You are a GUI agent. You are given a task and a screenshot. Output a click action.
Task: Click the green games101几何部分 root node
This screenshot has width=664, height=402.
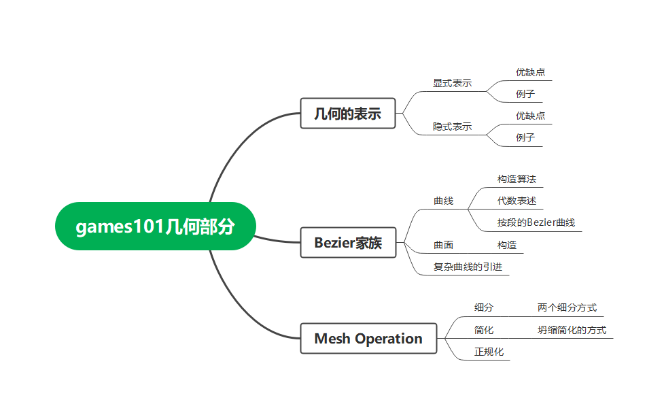pos(155,226)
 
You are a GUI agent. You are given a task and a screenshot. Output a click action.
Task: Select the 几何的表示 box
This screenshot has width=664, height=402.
pos(347,113)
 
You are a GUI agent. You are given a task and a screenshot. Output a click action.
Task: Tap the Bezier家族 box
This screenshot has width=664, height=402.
pos(347,243)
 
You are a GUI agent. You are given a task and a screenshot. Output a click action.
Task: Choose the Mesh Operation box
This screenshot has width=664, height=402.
pos(368,338)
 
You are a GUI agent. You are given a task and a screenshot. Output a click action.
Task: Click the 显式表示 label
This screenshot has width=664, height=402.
pos(452,83)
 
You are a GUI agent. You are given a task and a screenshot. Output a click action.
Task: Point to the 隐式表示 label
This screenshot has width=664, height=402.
pos(452,127)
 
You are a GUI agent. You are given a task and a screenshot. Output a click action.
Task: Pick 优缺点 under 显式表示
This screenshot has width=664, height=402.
pos(530,72)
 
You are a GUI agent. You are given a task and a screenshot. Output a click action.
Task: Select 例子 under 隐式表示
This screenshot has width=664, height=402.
pos(525,137)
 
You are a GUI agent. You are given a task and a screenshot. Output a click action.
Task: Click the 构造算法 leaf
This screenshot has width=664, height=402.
pos(517,179)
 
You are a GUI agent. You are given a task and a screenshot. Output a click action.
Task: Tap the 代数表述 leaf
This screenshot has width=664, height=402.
pos(517,201)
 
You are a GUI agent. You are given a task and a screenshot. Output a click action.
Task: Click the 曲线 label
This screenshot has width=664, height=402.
pos(443,201)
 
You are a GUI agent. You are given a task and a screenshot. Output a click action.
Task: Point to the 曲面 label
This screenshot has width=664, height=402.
pos(443,245)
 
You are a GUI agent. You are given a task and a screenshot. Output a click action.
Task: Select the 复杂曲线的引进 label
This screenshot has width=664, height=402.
pos(468,267)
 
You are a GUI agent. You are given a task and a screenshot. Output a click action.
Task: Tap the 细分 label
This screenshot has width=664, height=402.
pos(484,307)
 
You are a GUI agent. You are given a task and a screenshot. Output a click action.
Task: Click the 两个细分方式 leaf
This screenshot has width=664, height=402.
pos(567,307)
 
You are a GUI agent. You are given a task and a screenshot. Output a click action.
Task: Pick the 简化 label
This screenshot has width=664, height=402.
pos(484,330)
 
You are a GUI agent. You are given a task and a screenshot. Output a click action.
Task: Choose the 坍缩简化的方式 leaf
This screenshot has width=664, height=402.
pos(572,330)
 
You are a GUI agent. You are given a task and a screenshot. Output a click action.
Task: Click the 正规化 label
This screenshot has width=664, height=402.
pos(489,352)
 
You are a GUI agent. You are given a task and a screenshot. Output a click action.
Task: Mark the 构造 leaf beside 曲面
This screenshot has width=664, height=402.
pos(506,245)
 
